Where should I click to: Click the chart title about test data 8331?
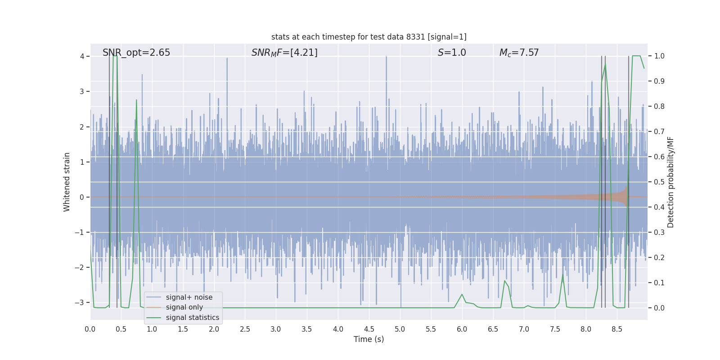369,37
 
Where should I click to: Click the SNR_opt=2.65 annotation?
136,53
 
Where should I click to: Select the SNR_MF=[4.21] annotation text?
284,53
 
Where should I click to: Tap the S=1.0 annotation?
452,53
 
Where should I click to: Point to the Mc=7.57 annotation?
519,53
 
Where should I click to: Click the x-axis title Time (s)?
369,339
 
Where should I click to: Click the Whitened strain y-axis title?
67,182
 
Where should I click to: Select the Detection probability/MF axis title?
670,182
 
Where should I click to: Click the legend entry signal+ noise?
189,297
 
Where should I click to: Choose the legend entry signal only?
184,307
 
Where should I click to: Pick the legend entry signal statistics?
192,318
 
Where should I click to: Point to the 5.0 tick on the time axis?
400,329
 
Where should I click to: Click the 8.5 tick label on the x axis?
616,329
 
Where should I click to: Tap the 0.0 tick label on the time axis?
90,329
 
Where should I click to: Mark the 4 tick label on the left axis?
82,56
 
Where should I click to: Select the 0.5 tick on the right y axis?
659,182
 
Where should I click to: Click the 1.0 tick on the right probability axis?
659,56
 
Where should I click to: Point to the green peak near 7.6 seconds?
562,274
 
